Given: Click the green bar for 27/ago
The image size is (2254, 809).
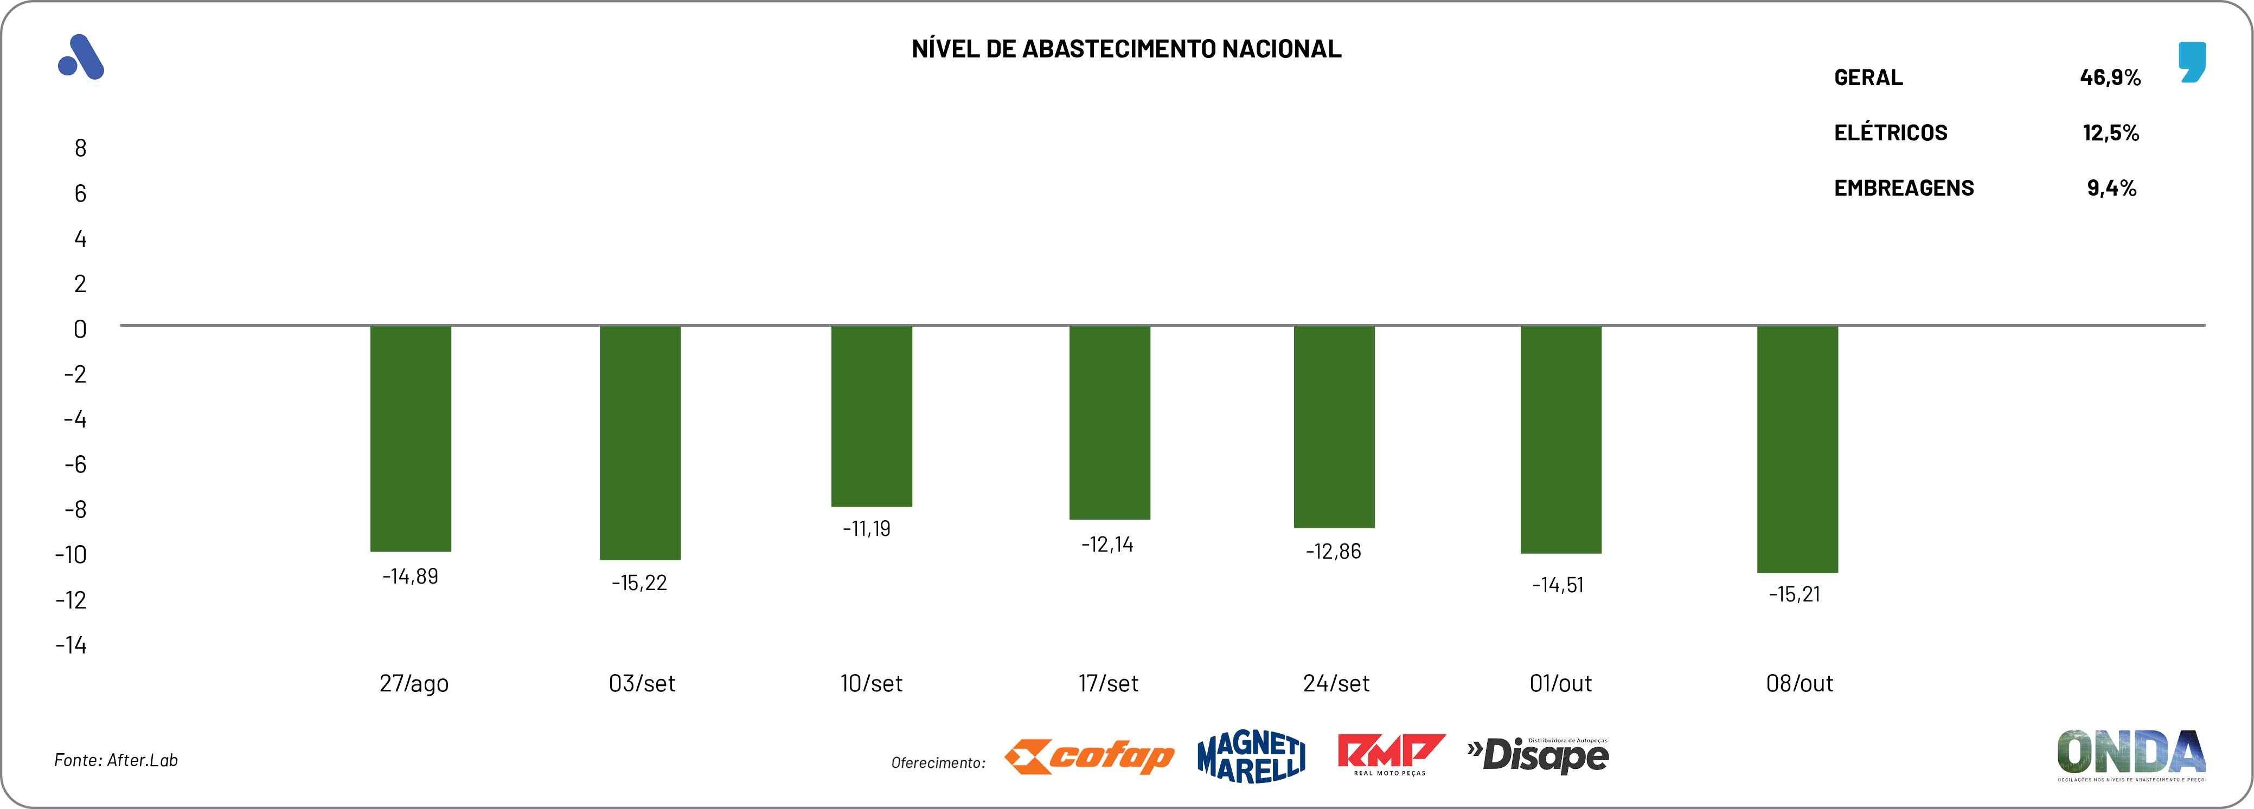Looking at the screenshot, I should (x=411, y=438).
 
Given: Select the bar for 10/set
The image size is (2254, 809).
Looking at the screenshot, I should (x=872, y=416).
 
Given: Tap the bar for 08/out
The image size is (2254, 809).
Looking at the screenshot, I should (x=1797, y=449).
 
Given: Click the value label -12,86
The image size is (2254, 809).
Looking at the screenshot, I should (x=1334, y=552).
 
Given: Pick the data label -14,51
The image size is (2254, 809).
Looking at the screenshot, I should (x=1558, y=585).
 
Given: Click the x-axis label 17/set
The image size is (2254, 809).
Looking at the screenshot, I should (x=1108, y=683).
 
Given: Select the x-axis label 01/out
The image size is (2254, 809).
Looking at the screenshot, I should (x=1560, y=683).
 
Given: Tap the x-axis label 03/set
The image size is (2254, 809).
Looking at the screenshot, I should (x=642, y=683).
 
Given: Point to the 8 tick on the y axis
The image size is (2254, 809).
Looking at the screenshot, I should (x=80, y=148).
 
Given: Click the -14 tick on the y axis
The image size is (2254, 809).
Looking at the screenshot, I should (x=72, y=645).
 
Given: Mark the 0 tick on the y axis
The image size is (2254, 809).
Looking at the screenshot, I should (x=80, y=329).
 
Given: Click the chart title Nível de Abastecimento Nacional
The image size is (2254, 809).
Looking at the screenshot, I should (x=1126, y=49).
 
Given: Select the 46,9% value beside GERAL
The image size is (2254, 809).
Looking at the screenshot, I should (x=2110, y=78).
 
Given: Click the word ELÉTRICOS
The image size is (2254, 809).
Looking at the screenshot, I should (x=1890, y=133).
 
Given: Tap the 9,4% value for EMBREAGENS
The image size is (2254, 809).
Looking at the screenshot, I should (x=2111, y=188).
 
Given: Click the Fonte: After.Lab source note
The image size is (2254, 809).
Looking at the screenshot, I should (x=117, y=760).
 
